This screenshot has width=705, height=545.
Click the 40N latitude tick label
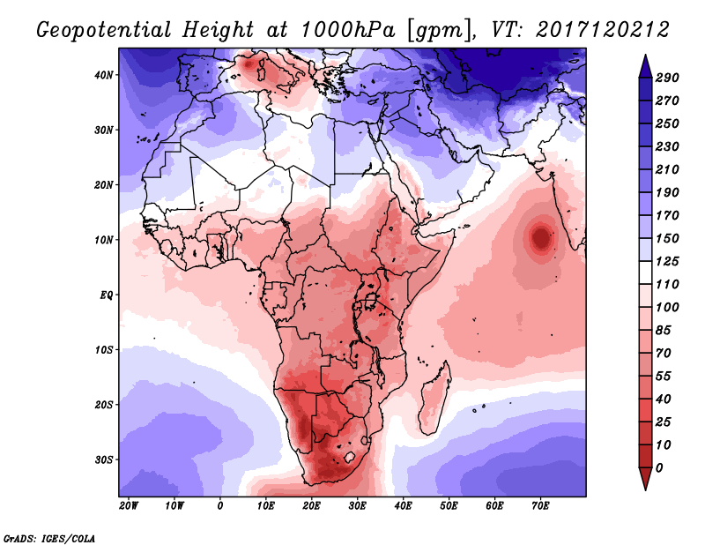pyautogui.click(x=105, y=75)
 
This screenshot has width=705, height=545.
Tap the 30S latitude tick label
pyautogui.click(x=105, y=459)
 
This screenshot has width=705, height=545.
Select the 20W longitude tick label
pyautogui.click(x=129, y=505)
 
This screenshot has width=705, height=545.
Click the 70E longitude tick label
pyautogui.click(x=540, y=505)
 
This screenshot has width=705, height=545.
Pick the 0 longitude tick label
pyautogui.click(x=220, y=505)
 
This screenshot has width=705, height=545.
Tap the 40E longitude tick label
pyautogui.click(x=403, y=505)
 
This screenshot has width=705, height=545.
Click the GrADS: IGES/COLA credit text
pyautogui.click(x=49, y=537)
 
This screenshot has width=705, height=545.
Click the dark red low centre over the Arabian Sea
pyautogui.click(x=539, y=236)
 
